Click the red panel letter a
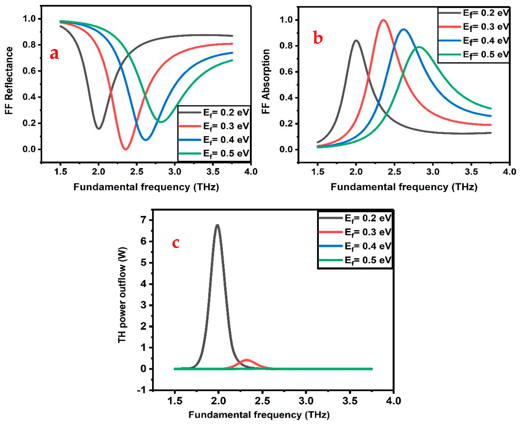click(54, 54)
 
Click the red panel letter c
click(176, 243)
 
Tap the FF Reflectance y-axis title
click(9, 81)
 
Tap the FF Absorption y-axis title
click(266, 81)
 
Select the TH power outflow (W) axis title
click(122, 295)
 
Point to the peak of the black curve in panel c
click(217, 225)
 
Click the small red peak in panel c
click(247, 360)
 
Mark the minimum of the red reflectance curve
click(125, 149)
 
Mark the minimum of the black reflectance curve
click(99, 128)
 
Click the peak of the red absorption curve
click(383, 20)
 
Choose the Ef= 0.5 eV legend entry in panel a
click(214, 154)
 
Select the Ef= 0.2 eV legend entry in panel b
click(474, 13)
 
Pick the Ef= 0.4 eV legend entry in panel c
click(355, 246)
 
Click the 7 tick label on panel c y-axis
click(144, 220)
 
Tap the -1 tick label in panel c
click(142, 390)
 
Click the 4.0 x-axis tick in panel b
click(509, 171)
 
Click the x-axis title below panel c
click(259, 414)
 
